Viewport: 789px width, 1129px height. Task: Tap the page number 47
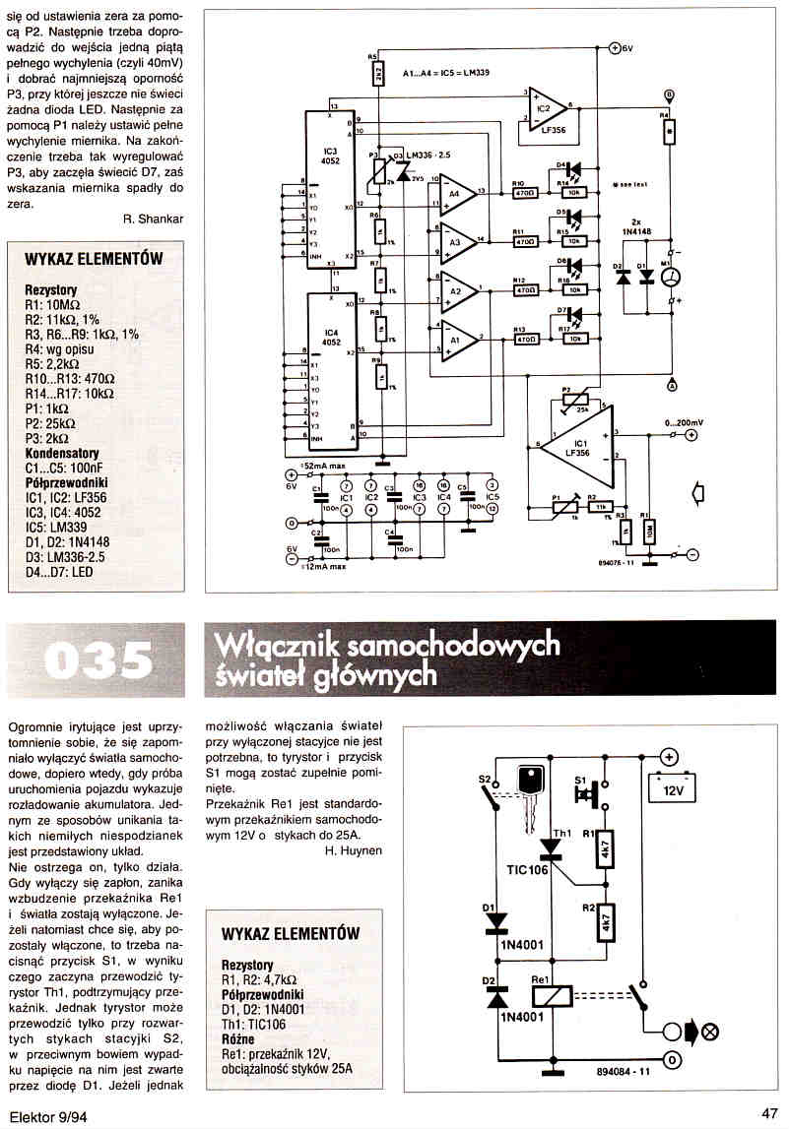(770, 1113)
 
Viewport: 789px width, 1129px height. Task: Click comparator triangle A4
(456, 192)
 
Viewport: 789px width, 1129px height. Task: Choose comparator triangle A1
(456, 340)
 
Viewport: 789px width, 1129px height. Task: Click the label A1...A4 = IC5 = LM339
(447, 72)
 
